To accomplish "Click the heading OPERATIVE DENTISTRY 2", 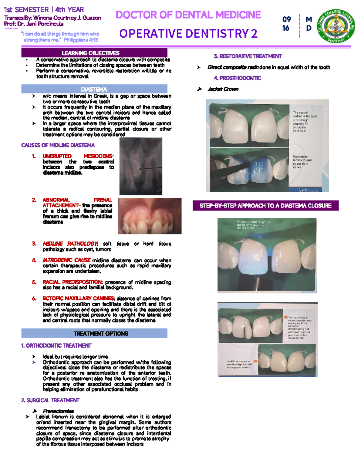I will click(x=188, y=34).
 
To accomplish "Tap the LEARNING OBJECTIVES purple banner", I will click(x=94, y=53).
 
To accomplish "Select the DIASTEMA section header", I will click(x=94, y=89).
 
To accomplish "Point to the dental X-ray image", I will click(x=141, y=166).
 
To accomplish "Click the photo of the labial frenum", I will click(x=150, y=216).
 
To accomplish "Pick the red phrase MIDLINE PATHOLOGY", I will click(x=70, y=244).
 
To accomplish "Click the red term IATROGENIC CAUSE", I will click(x=66, y=260).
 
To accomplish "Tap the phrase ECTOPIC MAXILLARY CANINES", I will click(x=78, y=298).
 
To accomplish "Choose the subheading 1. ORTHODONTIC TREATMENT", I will click(x=56, y=346).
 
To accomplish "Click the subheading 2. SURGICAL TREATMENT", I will click(x=50, y=400).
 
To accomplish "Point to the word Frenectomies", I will click(x=58, y=411).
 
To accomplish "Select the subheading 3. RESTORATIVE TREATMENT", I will click(x=248, y=56).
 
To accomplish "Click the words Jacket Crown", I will click(x=223, y=89).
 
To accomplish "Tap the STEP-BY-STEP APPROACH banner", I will click(x=265, y=206).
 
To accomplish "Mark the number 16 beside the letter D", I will click(x=286, y=28).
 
